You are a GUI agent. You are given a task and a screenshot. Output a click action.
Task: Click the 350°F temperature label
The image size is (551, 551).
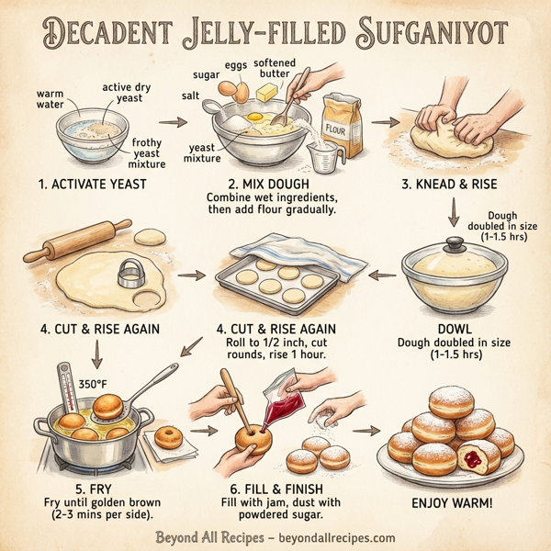point(94,384)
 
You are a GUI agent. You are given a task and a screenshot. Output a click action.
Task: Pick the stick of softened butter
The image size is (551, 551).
point(269,92)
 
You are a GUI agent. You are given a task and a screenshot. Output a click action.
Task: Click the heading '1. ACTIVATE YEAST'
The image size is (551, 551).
point(93,185)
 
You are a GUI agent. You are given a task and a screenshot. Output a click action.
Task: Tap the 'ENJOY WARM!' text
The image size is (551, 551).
point(453,503)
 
